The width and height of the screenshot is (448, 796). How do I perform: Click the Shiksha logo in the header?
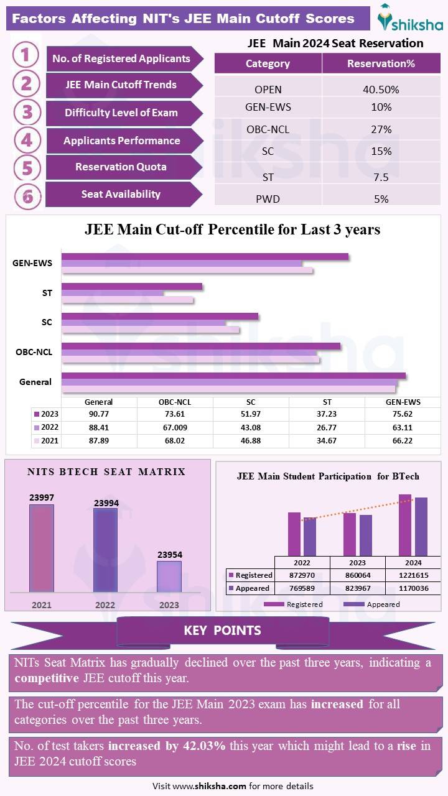tap(410, 19)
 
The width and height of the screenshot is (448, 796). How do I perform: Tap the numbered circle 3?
tap(27, 113)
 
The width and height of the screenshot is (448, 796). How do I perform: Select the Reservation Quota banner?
tap(121, 167)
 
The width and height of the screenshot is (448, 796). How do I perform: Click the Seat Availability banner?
tap(121, 194)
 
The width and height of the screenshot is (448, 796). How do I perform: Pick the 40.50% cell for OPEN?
tap(381, 90)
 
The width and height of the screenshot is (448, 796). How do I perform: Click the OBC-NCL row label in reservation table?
tap(268, 129)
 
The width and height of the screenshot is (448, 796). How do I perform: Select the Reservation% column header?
tap(381, 63)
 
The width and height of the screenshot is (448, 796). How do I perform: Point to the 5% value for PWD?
tap(381, 199)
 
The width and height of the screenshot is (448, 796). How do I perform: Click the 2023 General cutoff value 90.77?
tap(98, 414)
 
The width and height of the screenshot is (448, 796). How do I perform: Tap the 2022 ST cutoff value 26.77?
tap(327, 428)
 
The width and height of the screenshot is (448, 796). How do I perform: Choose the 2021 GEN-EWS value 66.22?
tap(403, 441)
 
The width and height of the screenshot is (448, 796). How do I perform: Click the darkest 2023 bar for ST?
tap(132, 286)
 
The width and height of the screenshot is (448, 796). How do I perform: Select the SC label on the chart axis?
tap(47, 322)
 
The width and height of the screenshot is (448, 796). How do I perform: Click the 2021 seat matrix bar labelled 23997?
tap(42, 547)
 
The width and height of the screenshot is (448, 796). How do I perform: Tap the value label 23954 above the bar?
tap(169, 555)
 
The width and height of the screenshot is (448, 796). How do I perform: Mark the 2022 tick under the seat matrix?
tap(105, 604)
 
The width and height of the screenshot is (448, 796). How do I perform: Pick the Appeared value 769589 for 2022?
tap(301, 588)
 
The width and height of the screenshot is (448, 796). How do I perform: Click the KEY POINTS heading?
tap(222, 631)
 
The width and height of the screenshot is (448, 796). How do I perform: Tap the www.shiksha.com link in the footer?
tap(210, 786)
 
